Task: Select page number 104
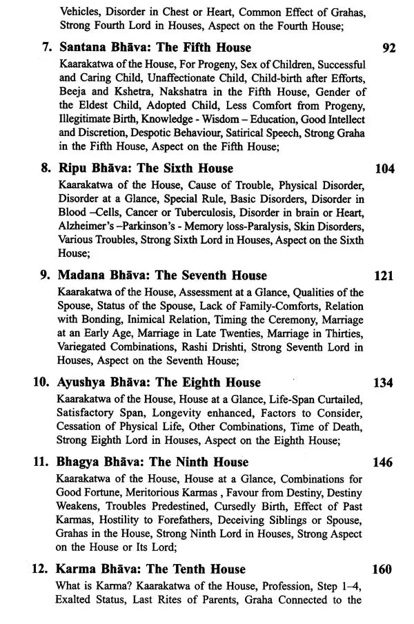click(384, 169)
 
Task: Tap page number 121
click(384, 276)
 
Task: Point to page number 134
click(384, 383)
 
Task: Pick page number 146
click(384, 462)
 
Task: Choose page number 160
click(384, 570)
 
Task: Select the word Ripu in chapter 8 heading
click(73, 169)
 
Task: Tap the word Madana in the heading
click(83, 276)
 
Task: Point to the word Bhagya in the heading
click(82, 462)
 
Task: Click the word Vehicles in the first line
click(80, 11)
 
